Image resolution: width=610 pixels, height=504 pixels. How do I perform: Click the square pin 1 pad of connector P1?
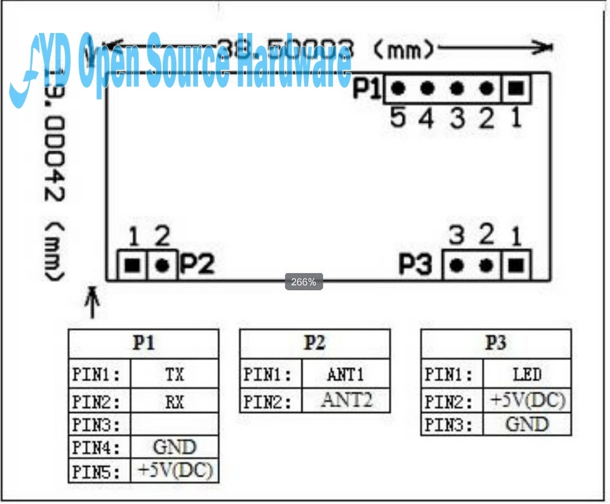click(x=516, y=90)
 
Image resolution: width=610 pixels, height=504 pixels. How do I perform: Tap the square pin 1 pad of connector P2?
click(x=132, y=265)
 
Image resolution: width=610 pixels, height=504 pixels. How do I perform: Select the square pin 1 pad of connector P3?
click(x=516, y=265)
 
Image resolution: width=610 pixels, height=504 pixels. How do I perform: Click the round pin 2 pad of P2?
click(x=163, y=265)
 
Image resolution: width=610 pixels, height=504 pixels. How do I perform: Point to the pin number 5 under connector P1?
click(x=398, y=118)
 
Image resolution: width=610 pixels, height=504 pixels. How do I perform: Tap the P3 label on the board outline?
click(x=416, y=265)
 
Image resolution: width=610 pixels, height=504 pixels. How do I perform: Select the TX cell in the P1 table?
click(x=174, y=375)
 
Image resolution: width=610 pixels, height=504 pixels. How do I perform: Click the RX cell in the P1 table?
click(x=174, y=401)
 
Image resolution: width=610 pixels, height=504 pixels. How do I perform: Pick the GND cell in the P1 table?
click(x=174, y=448)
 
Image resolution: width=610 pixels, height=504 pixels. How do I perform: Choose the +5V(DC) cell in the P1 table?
click(x=174, y=470)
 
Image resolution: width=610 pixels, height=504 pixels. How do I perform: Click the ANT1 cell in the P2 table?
click(x=346, y=375)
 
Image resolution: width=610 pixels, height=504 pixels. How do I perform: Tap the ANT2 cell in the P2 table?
click(x=346, y=400)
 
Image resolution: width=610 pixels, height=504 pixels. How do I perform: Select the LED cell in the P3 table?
click(x=526, y=375)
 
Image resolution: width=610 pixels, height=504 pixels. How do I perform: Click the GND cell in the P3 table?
click(x=526, y=423)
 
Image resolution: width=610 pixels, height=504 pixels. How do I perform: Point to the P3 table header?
click(x=496, y=343)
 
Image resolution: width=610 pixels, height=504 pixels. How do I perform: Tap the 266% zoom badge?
click(x=304, y=282)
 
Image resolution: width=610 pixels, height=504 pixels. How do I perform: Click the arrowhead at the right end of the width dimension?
click(x=544, y=46)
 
